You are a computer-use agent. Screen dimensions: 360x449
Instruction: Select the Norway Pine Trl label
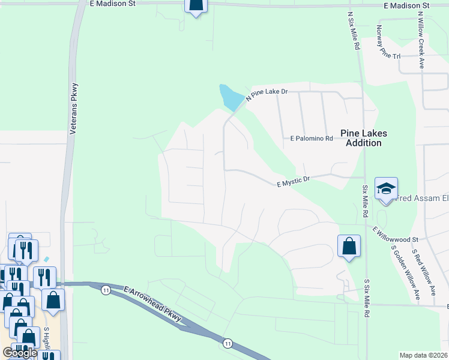coord(387,41)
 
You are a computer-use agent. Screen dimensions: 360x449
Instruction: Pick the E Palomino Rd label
coord(311,139)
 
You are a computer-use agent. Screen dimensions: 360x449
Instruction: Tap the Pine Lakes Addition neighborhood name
coord(364,138)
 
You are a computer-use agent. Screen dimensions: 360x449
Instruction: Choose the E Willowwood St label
coord(394,234)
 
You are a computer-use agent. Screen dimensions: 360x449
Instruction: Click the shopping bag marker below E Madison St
coord(196,6)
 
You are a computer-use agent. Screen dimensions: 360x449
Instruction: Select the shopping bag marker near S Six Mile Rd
coord(349,245)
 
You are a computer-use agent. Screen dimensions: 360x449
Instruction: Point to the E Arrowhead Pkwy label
coord(153,307)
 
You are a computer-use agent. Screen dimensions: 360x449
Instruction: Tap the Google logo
coord(19,352)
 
